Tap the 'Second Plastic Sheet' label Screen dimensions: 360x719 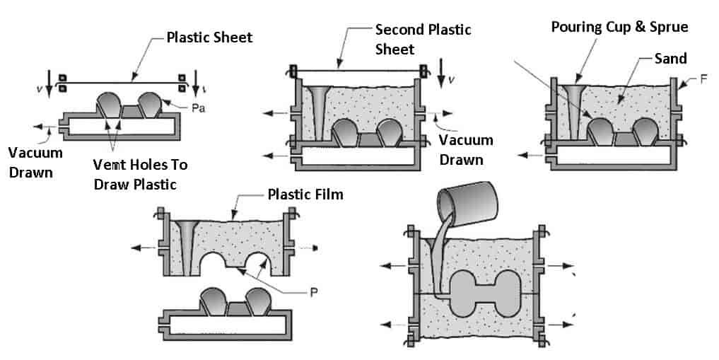pos(423,39)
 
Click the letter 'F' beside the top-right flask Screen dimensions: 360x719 pos(704,79)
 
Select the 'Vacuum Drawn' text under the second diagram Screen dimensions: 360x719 pos(466,149)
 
